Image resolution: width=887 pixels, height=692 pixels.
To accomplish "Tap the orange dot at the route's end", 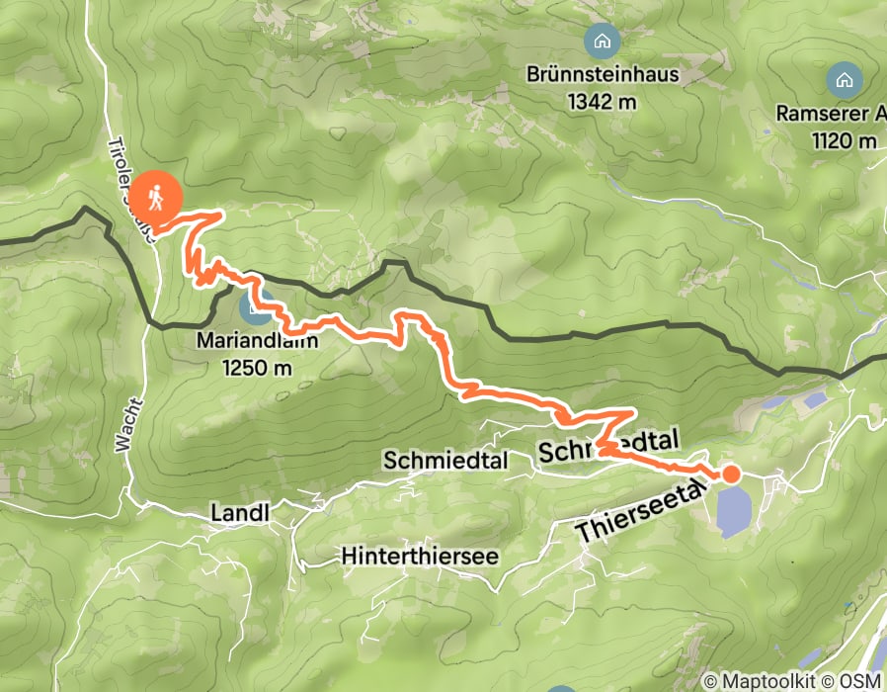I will tap(731, 475).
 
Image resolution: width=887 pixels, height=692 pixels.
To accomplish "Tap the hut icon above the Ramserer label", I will tap(844, 78).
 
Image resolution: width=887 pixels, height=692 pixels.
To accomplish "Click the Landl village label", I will tap(240, 512).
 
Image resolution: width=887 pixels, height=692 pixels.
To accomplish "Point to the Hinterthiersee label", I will tap(419, 556).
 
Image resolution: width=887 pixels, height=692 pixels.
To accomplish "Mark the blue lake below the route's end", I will tap(733, 511).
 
